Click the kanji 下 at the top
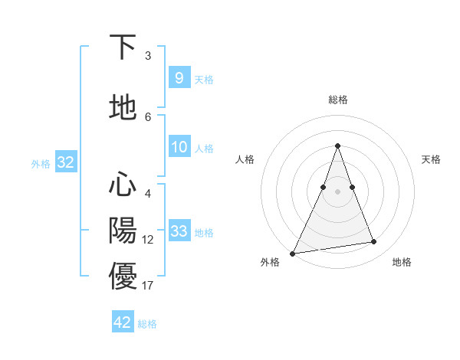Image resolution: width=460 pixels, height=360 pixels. tap(123, 47)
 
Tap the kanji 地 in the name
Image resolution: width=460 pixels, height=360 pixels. tap(123, 108)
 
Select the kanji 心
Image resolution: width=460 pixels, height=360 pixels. tap(123, 185)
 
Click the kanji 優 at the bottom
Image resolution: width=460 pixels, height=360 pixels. tap(123, 276)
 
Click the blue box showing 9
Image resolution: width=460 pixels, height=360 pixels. tap(179, 78)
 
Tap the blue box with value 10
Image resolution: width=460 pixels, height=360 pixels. tap(179, 147)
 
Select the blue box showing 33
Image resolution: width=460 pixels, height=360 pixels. tap(179, 231)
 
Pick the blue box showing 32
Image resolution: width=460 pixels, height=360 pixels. tap(65, 162)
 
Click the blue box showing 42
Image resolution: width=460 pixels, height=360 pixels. tap(123, 322)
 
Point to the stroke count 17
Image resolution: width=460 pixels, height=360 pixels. tap(148, 286)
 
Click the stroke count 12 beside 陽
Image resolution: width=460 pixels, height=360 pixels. tap(148, 240)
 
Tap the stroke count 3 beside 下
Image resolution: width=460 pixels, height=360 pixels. tap(148, 56)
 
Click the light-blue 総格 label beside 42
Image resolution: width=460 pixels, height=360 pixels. tap(147, 324)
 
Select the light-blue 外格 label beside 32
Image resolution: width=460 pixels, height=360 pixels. tap(41, 163)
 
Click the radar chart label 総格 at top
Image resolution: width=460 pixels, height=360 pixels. tap(337, 100)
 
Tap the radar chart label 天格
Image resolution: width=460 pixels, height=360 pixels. tap(431, 159)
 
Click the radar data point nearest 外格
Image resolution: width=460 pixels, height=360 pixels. tap(293, 253)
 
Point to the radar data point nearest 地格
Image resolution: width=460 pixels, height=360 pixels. tap(374, 242)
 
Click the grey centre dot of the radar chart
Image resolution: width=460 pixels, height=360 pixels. tap(337, 191)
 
